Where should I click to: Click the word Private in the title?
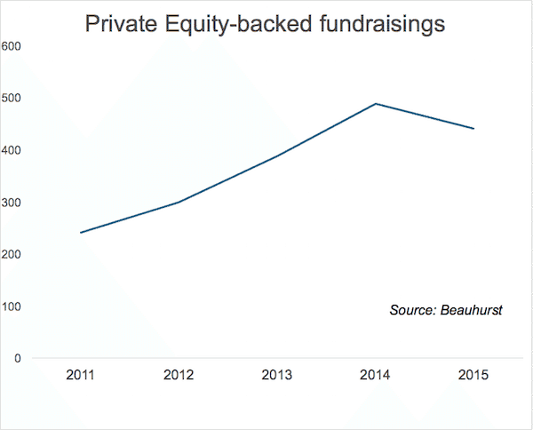[x=118, y=25]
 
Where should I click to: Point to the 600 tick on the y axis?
[x=12, y=45]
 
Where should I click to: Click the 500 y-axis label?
[x=12, y=98]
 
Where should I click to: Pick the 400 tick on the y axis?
[x=12, y=150]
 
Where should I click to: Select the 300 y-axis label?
[x=12, y=203]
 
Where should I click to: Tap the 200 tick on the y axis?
[x=12, y=255]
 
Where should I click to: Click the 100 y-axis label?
[x=12, y=307]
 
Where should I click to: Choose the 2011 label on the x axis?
[x=81, y=375]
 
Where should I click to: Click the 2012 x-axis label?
[x=179, y=375]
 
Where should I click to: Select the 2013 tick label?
[x=277, y=375]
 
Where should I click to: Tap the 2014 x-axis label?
[x=376, y=375]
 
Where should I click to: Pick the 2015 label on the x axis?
[x=473, y=375]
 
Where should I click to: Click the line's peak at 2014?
[x=376, y=104]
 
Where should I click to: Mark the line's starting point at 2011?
[x=81, y=233]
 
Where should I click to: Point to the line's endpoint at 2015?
[x=473, y=129]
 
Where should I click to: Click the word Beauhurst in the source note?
[x=472, y=310]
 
